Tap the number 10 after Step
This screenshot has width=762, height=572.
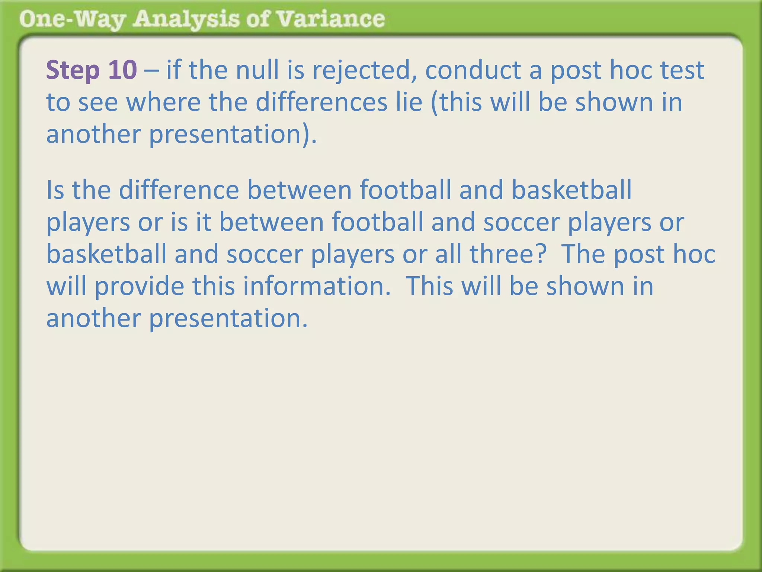pos(122,70)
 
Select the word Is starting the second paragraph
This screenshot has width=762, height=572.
pos(55,190)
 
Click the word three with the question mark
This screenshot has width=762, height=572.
pos(508,254)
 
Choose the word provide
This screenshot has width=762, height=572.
pos(139,286)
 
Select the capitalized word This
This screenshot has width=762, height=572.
pos(429,286)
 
